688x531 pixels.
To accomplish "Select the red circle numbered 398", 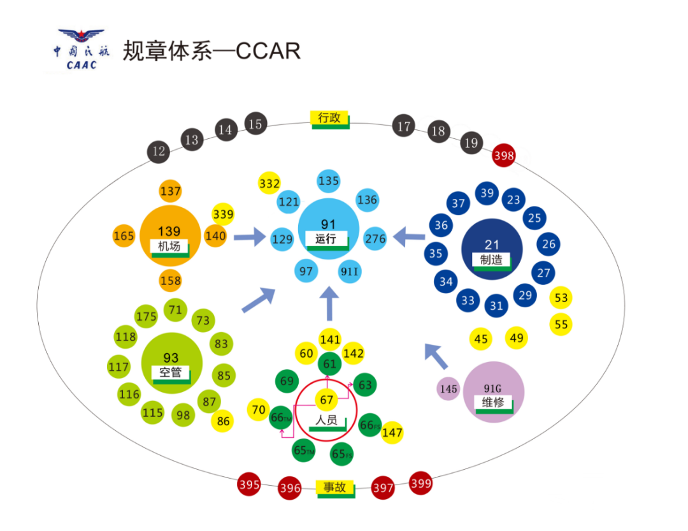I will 504,155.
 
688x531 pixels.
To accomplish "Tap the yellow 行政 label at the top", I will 330,119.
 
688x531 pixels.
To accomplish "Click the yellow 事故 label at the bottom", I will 334,488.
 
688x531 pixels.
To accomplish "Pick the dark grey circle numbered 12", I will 159,152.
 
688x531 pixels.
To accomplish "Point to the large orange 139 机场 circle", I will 169,236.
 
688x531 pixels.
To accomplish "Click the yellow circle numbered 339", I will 223,214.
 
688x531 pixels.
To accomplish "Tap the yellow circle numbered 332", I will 269,184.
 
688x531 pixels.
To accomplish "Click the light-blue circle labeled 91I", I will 350,272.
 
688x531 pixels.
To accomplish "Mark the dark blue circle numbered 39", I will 487,193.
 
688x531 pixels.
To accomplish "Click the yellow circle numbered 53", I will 561,298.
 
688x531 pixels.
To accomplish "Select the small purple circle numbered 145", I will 449,389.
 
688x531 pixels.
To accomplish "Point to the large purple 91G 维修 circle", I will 494,392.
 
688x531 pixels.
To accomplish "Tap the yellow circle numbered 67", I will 327,400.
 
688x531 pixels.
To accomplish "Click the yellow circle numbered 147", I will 392,433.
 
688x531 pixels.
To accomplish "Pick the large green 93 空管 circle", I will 171,363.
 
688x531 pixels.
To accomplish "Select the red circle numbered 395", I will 249,484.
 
